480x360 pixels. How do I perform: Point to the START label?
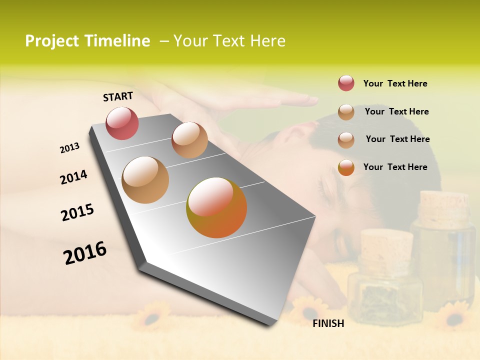[118, 96]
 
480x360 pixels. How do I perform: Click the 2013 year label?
[69, 148]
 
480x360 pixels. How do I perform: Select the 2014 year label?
[73, 177]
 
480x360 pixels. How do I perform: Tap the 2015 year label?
[77, 212]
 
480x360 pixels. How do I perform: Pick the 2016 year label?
[85, 252]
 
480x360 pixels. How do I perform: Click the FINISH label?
[328, 323]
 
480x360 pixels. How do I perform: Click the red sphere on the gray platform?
[122, 123]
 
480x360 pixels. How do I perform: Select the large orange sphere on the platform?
[216, 207]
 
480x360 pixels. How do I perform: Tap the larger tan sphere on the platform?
[145, 180]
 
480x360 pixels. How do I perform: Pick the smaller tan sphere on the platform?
[189, 140]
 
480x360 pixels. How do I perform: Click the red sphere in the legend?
[346, 83]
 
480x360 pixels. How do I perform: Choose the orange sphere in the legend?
[346, 167]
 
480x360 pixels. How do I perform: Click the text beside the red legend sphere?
[395, 83]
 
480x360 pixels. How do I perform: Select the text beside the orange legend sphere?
[395, 167]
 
